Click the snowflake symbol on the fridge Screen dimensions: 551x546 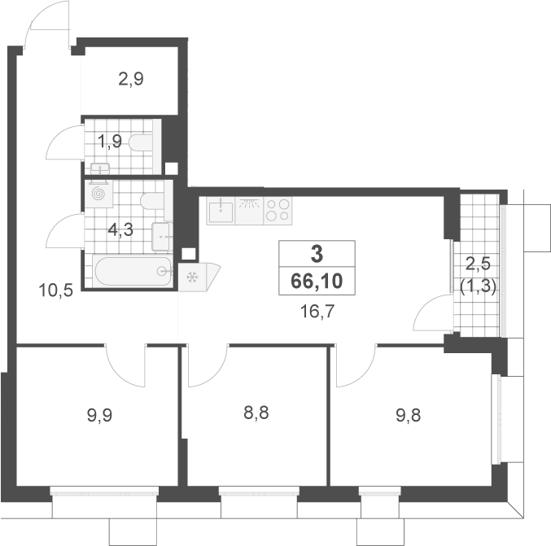[192, 277]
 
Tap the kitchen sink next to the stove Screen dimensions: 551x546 [221, 211]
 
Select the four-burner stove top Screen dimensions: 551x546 [278, 211]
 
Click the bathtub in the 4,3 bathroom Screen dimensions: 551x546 [133, 271]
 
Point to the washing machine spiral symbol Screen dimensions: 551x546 [98, 194]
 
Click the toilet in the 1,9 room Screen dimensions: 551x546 [141, 142]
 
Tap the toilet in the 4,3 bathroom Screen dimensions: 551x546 [152, 201]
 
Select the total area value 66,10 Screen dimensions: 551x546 [317, 281]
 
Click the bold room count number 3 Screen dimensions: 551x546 [317, 254]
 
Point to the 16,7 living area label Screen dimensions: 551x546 [317, 312]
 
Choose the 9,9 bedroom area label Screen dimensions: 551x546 [99, 416]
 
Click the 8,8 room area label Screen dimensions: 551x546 [256, 413]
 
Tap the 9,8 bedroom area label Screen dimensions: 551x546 [409, 416]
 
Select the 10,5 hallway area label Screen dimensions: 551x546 [56, 290]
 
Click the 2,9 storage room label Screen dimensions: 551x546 [131, 79]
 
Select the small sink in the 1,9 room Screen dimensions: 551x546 [100, 168]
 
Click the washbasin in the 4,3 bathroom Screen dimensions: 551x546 [162, 237]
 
